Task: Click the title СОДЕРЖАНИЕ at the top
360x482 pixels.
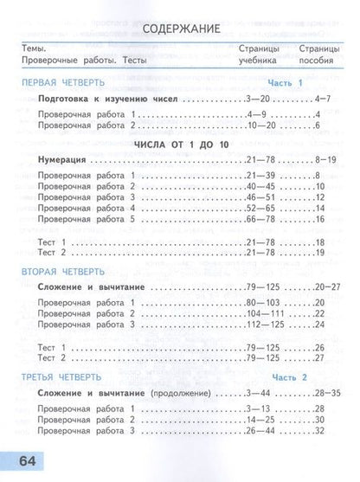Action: click(180, 29)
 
